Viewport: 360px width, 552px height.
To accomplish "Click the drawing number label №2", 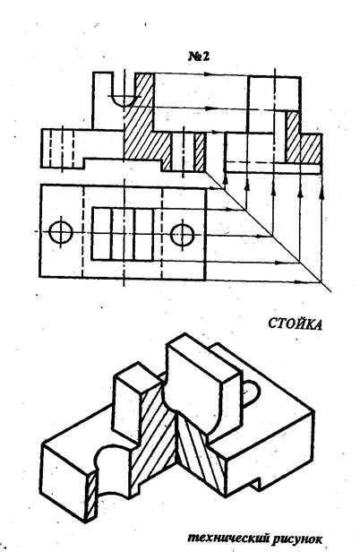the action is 199,56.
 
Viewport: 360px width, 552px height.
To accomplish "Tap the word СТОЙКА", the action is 296,323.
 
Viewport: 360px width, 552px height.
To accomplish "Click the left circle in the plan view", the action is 61,232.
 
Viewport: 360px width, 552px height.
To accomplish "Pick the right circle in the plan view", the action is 183,233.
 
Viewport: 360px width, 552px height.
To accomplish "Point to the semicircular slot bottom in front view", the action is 124,100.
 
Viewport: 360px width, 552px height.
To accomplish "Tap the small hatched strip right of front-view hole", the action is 200,151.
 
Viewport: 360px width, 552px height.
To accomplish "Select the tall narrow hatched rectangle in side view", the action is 293,137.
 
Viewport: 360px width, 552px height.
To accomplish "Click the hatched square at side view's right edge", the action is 311,149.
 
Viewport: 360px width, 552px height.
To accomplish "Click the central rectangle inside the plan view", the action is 123,234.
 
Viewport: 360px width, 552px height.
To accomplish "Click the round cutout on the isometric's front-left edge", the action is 110,461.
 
